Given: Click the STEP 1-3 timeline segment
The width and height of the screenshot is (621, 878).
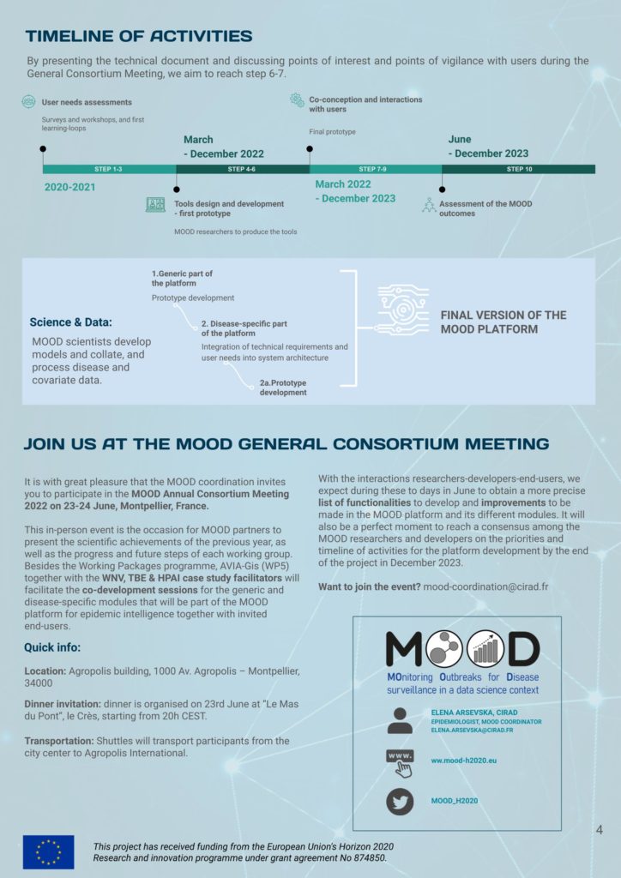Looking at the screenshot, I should (108, 170).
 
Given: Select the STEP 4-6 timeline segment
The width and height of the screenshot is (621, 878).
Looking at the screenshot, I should (242, 170).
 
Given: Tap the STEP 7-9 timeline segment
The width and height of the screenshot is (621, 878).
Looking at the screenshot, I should (375, 170).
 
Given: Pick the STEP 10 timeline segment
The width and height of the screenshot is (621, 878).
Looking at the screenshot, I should (518, 170).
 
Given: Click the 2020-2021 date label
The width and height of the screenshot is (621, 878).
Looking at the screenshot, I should (69, 187).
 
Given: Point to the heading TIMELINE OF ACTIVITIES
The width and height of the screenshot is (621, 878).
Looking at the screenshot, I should (139, 36).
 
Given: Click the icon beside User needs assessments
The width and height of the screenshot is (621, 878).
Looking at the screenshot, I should (29, 102).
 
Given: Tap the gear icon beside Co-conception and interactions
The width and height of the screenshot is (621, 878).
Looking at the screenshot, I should (297, 100).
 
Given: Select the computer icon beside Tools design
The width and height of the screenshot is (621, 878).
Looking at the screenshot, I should (155, 205).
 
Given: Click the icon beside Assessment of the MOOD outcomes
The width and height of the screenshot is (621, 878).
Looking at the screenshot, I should (429, 206).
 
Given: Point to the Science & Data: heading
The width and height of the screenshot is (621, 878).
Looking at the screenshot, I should (70, 322).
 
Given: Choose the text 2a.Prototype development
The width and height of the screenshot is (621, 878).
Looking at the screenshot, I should (283, 388).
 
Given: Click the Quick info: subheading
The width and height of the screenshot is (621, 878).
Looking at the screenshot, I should (52, 647).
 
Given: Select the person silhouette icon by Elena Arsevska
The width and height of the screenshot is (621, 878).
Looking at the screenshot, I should (400, 720).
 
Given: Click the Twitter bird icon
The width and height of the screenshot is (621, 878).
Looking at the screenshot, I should (400, 800).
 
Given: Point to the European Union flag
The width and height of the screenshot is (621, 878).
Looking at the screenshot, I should (48, 851).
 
